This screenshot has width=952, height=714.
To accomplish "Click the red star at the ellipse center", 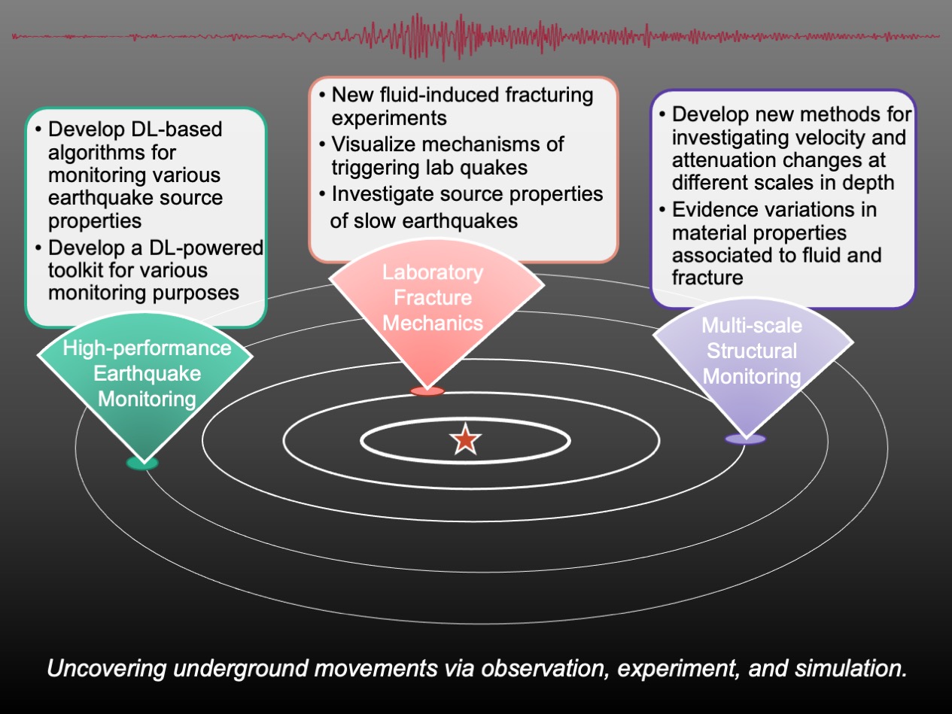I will pos(466,439).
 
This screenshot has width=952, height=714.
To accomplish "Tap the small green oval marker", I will pos(142,463).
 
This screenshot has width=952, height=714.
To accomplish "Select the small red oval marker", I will pos(427,391).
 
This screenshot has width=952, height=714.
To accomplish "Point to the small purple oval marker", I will pos(745,439).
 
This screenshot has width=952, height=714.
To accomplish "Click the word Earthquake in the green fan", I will pos(148,374).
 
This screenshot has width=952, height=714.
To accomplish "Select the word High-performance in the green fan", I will pos(148,348).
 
